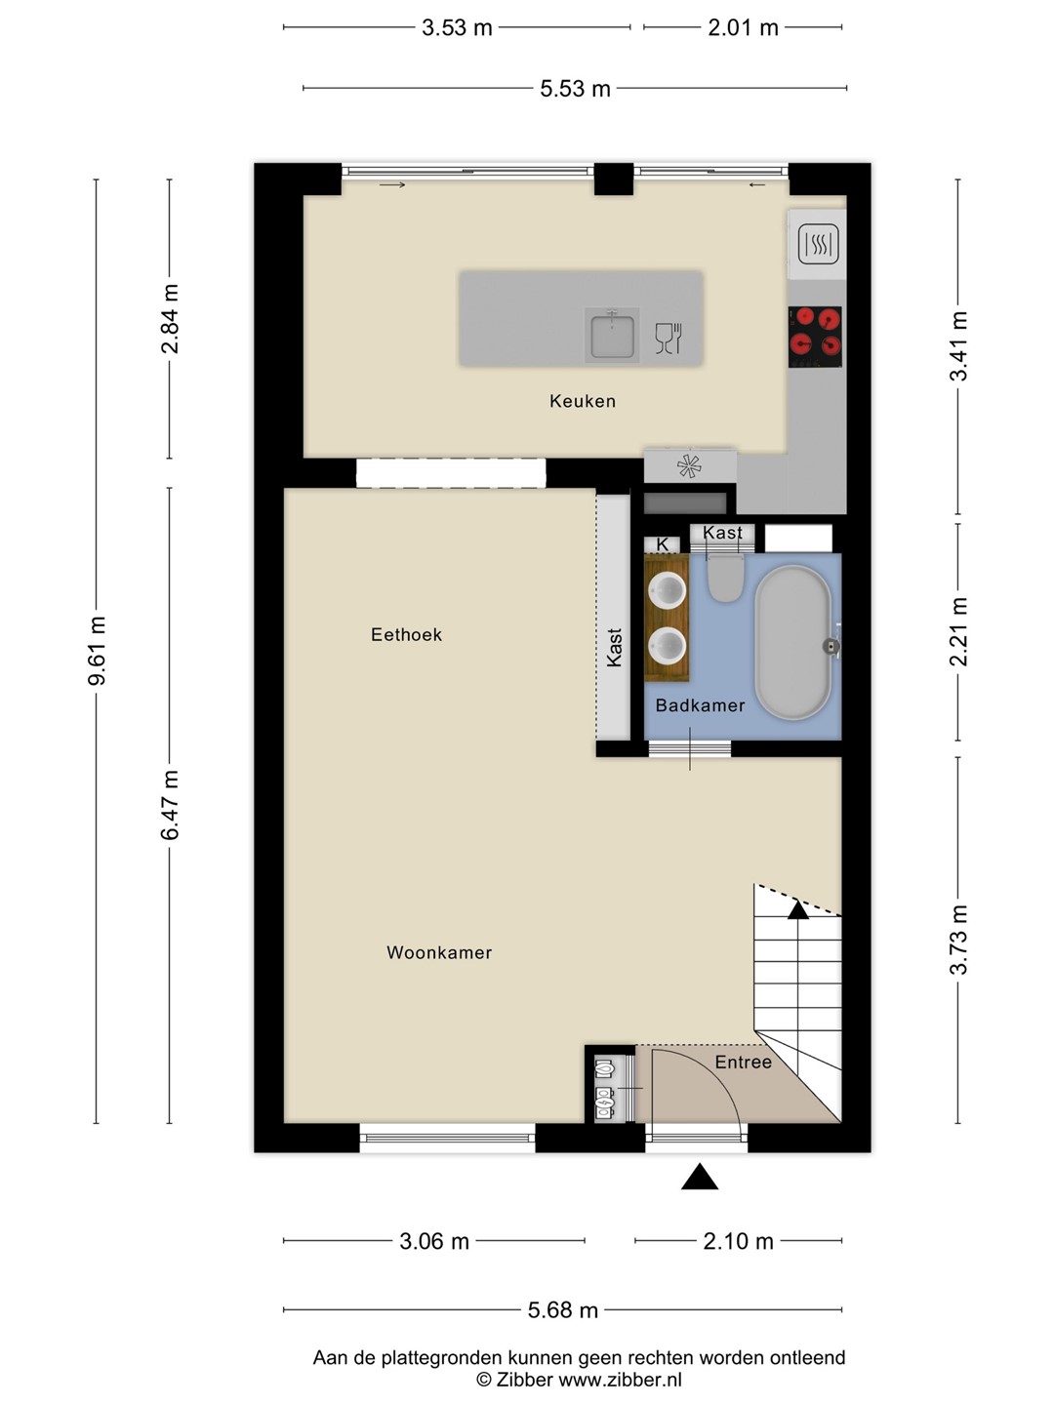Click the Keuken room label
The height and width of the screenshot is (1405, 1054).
click(583, 401)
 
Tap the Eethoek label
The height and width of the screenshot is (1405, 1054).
click(406, 634)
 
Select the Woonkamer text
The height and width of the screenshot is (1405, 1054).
click(439, 952)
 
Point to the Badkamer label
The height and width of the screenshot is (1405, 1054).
click(700, 705)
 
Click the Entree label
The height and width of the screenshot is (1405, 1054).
click(743, 1062)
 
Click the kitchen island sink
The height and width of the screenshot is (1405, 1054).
click(612, 334)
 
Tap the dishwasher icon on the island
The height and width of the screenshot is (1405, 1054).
click(669, 338)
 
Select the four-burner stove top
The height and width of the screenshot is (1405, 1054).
click(815, 337)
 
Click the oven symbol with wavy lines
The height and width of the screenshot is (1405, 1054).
click(818, 244)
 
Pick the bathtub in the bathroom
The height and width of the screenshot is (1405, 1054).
click(793, 643)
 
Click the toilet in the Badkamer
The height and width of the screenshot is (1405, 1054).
click(724, 578)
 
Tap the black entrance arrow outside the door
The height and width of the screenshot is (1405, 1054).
click(699, 1177)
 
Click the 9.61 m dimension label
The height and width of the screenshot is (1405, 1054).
click(97, 651)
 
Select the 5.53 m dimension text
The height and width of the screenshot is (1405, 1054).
click(575, 89)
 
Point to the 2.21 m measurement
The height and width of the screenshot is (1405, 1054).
click(958, 631)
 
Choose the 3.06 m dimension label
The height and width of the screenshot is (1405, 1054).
click(434, 1241)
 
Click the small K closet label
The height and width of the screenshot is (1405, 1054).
click(663, 544)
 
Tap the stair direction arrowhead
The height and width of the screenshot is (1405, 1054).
click(797, 909)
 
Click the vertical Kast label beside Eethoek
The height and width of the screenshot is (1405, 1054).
click(614, 647)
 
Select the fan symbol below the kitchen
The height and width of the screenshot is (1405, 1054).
click(689, 466)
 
